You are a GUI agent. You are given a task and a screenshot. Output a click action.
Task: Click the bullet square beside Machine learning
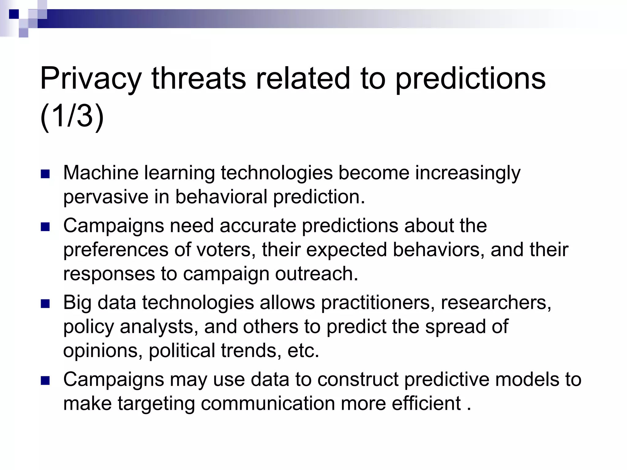coord(45,174)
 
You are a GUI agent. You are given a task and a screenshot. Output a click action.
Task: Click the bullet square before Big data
coord(45,304)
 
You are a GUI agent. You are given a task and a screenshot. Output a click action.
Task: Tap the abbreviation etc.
coord(303,350)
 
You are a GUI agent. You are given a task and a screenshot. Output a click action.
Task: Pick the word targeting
coord(156,404)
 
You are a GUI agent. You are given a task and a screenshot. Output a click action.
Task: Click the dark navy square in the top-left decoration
coord(14,14)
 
